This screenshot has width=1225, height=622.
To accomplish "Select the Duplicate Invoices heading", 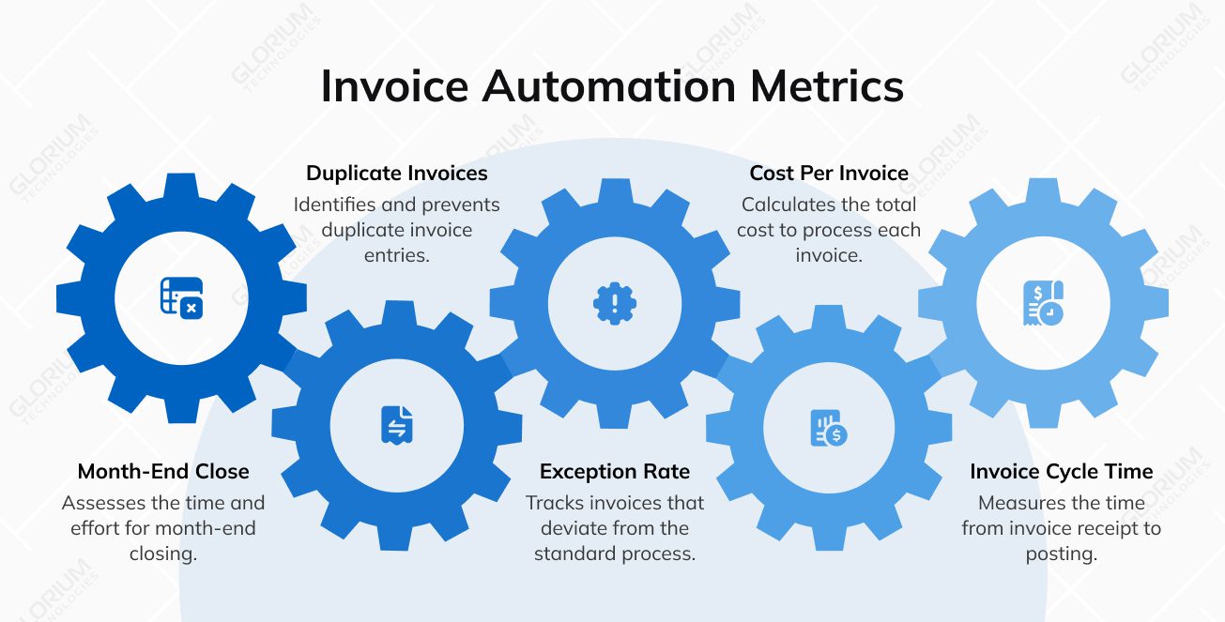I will pyautogui.click(x=397, y=174).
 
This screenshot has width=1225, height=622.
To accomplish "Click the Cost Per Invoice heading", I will pyautogui.click(x=829, y=174).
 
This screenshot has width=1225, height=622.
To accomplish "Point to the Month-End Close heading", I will pyautogui.click(x=163, y=471).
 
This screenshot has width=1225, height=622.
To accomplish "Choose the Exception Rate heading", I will pyautogui.click(x=615, y=471).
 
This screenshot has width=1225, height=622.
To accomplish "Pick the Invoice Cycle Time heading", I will pyautogui.click(x=1062, y=471).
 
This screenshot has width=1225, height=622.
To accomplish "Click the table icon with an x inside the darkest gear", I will pyautogui.click(x=181, y=296).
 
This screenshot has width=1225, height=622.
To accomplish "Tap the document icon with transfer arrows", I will pyautogui.click(x=397, y=425).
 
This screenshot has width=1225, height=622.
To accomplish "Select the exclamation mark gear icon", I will pyautogui.click(x=615, y=303).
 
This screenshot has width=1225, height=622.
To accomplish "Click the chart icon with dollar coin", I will pyautogui.click(x=829, y=429).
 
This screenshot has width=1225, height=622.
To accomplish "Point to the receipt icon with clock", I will pyautogui.click(x=1043, y=303).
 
